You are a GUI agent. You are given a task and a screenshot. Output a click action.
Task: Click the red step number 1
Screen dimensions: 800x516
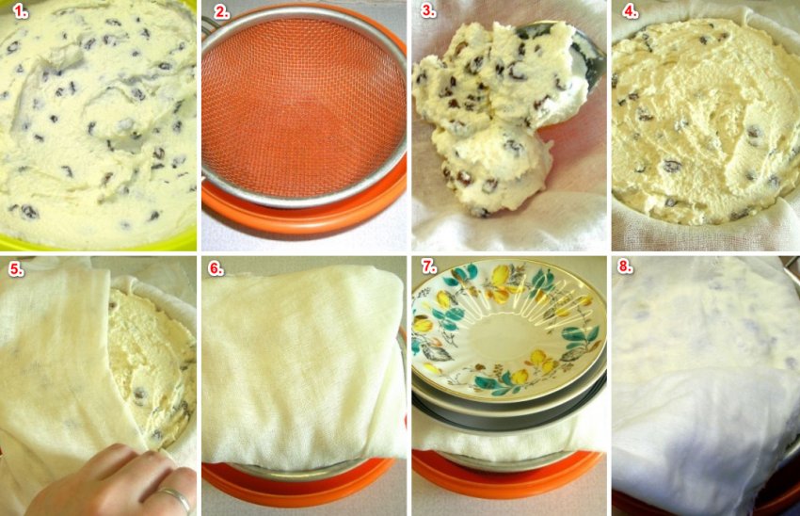21,10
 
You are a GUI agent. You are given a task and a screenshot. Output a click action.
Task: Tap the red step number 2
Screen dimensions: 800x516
221,10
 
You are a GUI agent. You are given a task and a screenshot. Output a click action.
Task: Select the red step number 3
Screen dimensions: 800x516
428,10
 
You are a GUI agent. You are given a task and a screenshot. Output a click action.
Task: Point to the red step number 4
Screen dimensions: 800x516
630,10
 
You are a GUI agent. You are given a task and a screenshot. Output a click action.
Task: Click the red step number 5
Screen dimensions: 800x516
16,269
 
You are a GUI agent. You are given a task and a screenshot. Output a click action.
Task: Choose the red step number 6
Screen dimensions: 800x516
216,269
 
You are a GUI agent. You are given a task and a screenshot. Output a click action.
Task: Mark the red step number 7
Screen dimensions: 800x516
428,266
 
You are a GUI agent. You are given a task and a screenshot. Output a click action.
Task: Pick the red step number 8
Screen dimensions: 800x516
626,266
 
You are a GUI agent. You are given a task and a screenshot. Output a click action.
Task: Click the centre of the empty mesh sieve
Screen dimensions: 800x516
301,107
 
